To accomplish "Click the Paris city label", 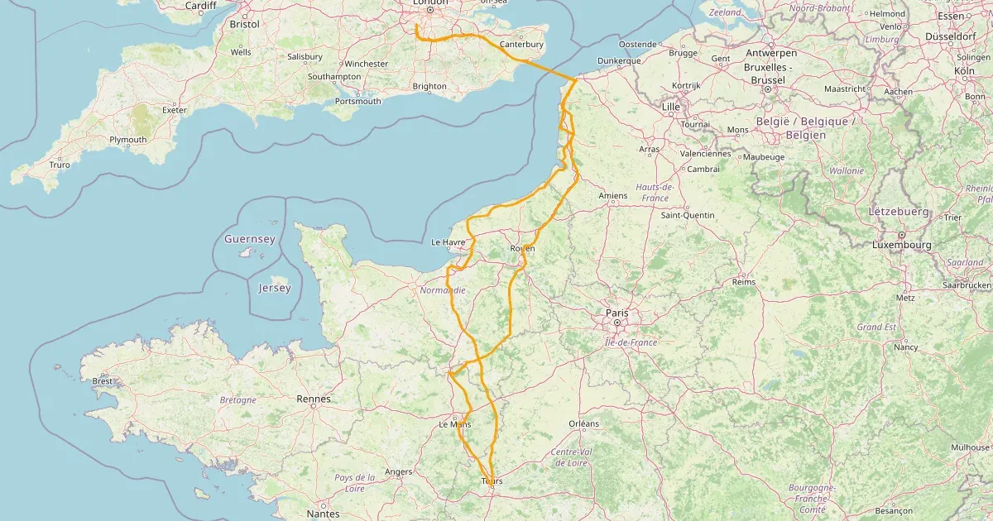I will point(617,313).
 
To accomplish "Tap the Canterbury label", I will point(521,45).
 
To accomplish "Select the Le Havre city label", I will point(449,242).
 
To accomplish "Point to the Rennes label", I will point(314,399).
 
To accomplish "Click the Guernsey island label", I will point(250,239).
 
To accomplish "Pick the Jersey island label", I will point(275,288).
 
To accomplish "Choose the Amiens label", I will point(613,196).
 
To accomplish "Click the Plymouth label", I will point(127,140).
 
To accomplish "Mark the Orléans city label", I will point(583,423).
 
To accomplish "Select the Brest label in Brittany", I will point(103,381).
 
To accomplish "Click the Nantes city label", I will point(323,514).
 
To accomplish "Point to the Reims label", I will point(744,282).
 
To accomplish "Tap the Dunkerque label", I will point(619,61).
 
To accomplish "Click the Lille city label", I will point(670,108).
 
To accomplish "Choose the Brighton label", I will point(429,86).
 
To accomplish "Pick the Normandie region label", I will point(443,290).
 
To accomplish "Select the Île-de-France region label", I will point(631,342).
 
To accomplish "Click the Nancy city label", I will point(906,347).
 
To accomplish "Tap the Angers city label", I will point(399,472).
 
